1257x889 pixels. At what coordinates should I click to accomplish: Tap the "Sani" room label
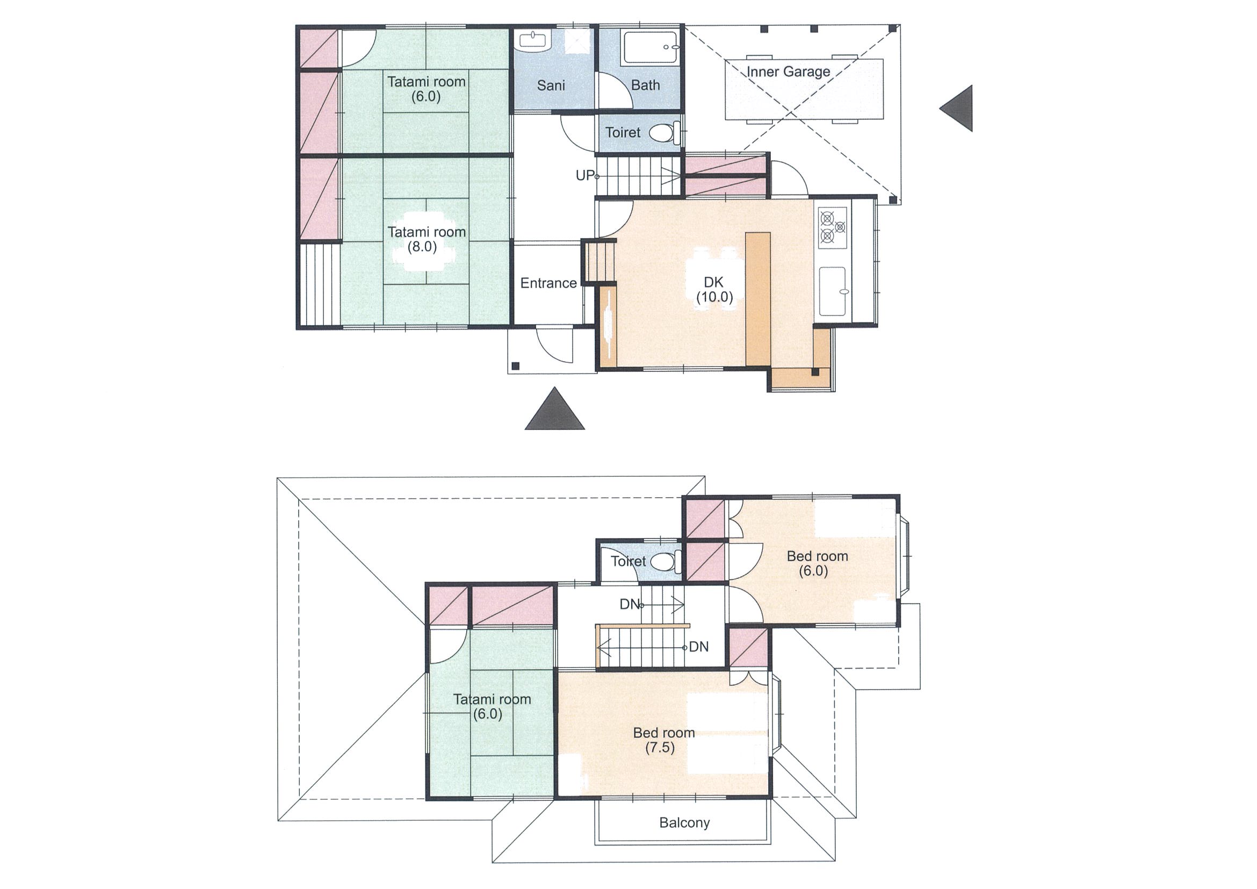551,85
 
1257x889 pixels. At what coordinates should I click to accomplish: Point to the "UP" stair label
584,175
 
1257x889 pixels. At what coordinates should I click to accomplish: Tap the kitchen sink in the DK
833,291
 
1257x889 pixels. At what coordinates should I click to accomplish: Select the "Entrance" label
548,283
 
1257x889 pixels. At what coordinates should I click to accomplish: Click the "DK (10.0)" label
714,290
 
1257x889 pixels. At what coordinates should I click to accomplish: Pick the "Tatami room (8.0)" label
427,239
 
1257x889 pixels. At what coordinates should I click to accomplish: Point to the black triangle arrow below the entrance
554,408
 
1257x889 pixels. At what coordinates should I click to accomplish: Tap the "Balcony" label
684,823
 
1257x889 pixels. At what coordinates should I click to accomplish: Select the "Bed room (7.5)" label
663,740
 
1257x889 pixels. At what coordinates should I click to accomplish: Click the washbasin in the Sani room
534,41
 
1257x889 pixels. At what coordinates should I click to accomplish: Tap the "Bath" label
645,85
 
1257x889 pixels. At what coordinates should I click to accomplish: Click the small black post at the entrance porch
515,366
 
